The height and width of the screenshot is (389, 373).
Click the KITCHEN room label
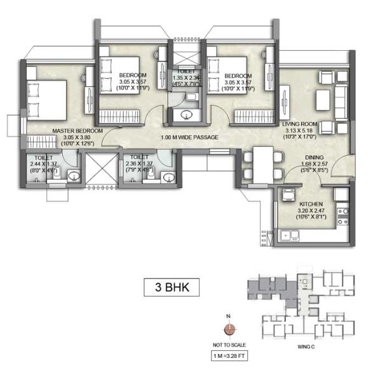tap(311, 205)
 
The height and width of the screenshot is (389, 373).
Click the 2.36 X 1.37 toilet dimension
tap(139, 163)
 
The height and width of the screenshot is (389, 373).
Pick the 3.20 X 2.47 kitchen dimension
tap(311, 212)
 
